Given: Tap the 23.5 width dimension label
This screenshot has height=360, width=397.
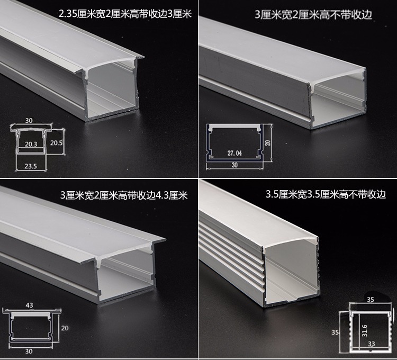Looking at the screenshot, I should point(30,166).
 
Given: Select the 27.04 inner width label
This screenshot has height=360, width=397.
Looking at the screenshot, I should point(234,154).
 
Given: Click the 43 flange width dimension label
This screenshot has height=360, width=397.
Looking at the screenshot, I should point(29,305).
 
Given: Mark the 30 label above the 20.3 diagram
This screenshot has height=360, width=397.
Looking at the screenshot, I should point(29,121).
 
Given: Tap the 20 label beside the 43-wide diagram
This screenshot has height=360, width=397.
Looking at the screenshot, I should point(65,328).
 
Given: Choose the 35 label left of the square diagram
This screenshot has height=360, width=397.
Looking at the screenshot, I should point(342,332).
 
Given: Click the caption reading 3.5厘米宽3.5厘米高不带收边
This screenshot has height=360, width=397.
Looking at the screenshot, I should point(318,195).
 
